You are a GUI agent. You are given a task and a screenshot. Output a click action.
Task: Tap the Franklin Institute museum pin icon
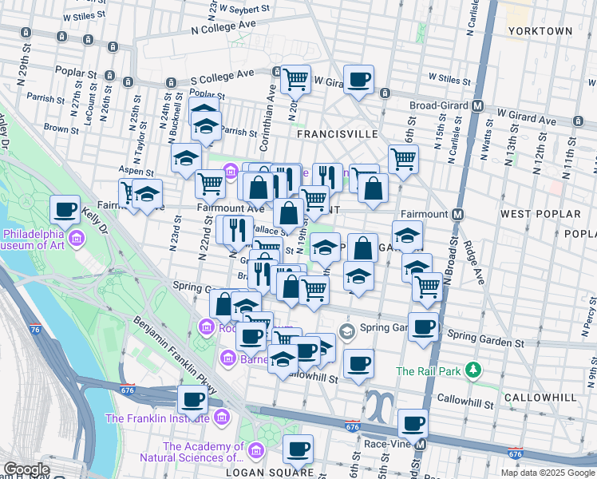tap(220, 417)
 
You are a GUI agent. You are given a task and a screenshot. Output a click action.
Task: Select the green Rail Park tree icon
tap(474, 370)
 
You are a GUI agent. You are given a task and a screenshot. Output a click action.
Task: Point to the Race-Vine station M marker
tap(421, 444)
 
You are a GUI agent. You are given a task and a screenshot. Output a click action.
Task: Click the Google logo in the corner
tap(26, 469)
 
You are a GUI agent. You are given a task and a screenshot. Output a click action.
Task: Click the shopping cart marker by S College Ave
tap(296, 79)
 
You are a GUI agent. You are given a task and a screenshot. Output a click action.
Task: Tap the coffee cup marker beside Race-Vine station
tap(413, 423)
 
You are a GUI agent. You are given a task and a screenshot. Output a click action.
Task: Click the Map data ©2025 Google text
tap(547, 473)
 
